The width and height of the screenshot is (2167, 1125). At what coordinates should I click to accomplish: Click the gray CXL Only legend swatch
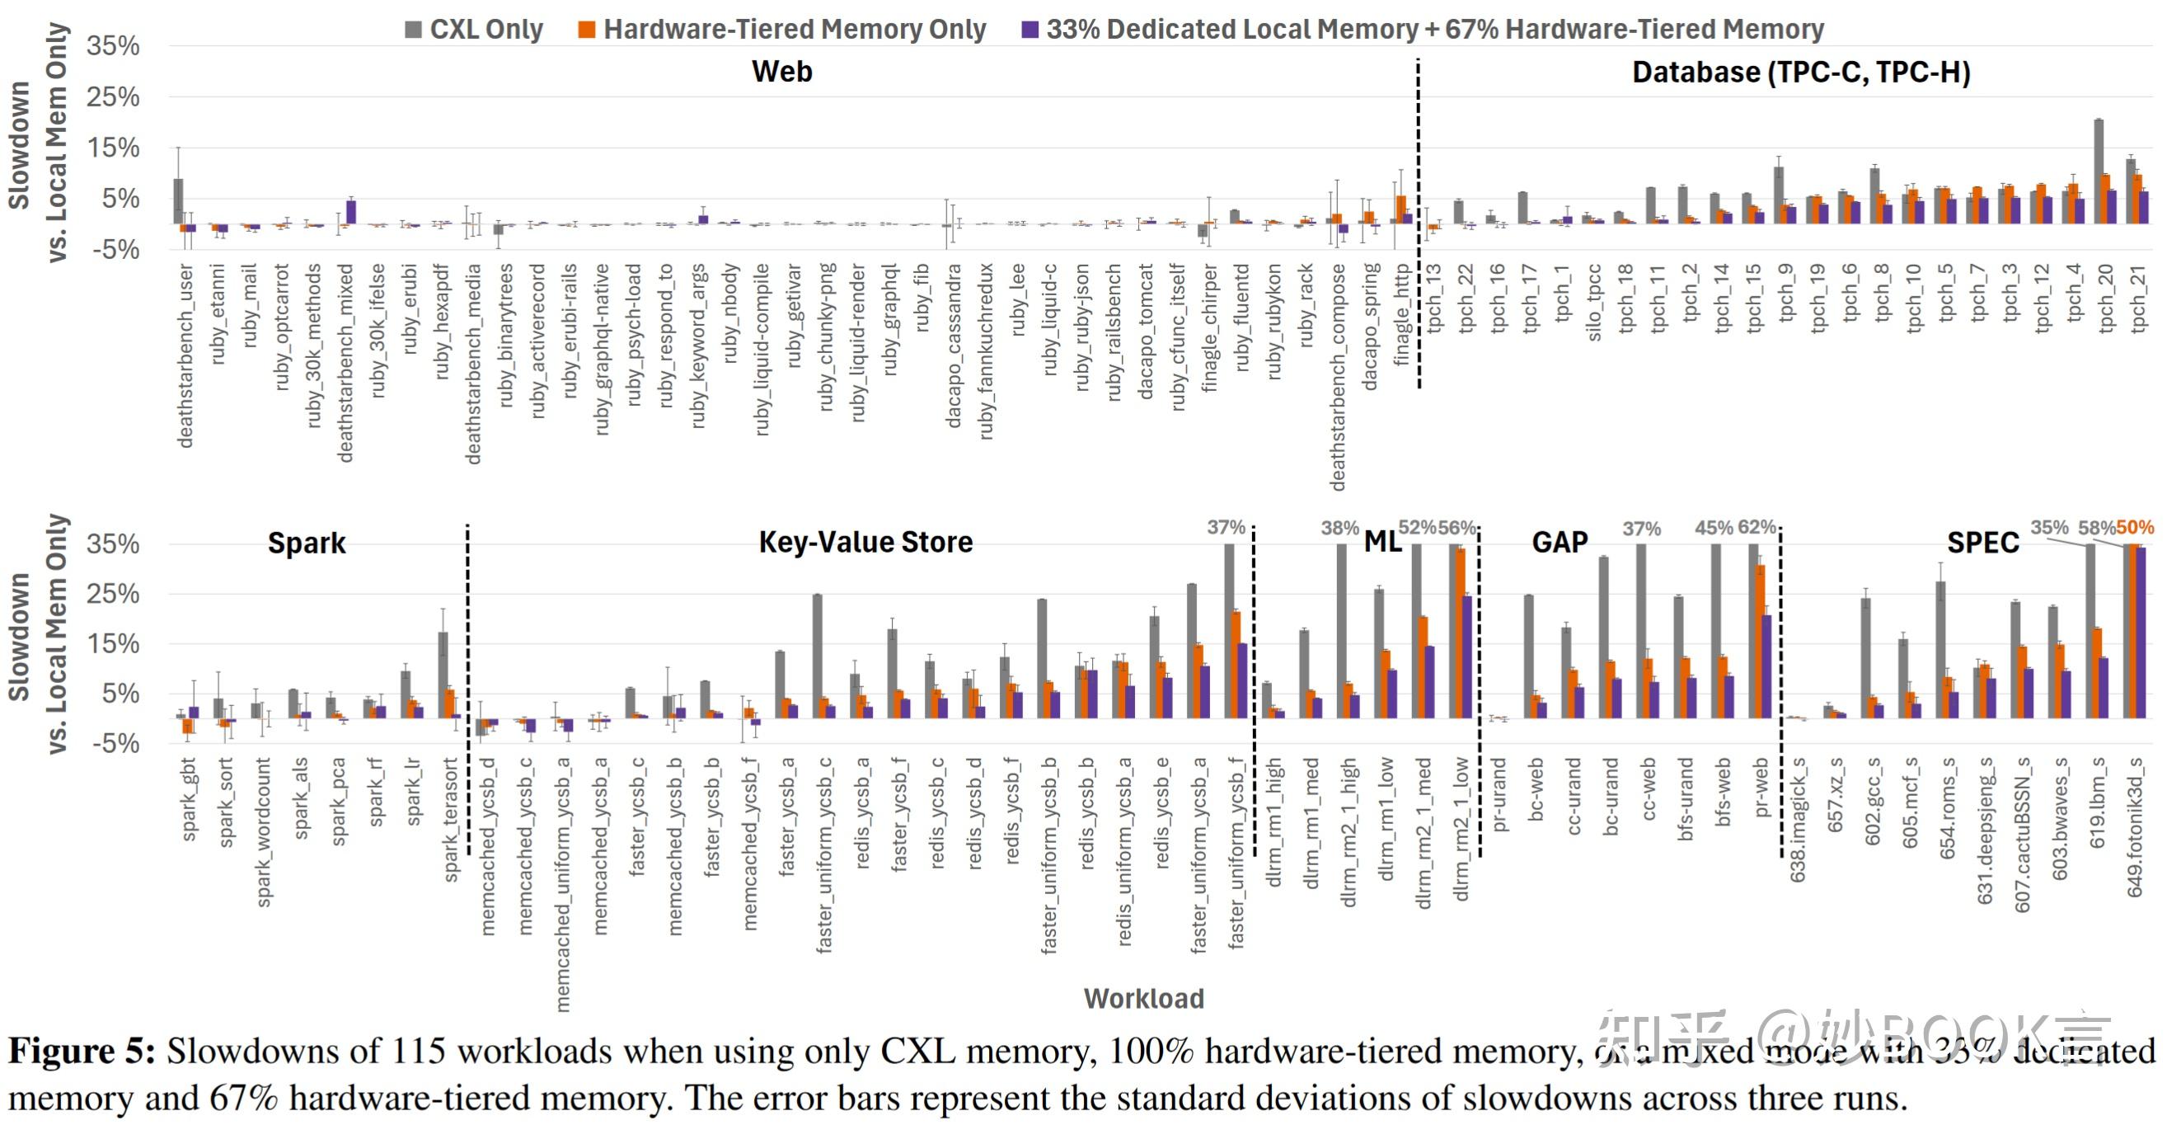click(413, 31)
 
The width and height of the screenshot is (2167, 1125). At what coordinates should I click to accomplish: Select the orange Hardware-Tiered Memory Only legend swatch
click(586, 31)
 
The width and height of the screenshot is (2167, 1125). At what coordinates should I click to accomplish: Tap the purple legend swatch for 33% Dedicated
click(1029, 31)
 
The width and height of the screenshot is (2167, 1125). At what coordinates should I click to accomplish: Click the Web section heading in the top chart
click(781, 72)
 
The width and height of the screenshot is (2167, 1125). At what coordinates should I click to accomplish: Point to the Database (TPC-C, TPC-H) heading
click(1801, 73)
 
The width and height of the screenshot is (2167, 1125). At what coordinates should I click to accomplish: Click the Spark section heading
click(306, 543)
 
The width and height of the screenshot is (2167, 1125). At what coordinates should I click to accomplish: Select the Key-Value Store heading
click(865, 542)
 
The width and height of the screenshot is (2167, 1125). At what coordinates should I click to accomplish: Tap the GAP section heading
click(1559, 542)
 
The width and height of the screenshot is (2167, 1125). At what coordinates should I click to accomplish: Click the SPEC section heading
click(1982, 543)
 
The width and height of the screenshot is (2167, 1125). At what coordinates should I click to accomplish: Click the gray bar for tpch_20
click(2099, 172)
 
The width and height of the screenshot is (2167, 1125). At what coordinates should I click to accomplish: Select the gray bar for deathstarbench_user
click(178, 201)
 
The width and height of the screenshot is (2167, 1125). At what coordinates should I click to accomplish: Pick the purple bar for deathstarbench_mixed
click(351, 212)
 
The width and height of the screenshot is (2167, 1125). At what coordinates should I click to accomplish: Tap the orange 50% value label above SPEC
click(2135, 528)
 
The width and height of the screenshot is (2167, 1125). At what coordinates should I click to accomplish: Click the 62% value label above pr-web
click(1757, 528)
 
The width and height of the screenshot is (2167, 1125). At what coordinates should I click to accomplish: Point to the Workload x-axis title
click(1143, 998)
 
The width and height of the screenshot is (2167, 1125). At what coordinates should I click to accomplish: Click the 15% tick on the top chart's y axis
click(113, 148)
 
